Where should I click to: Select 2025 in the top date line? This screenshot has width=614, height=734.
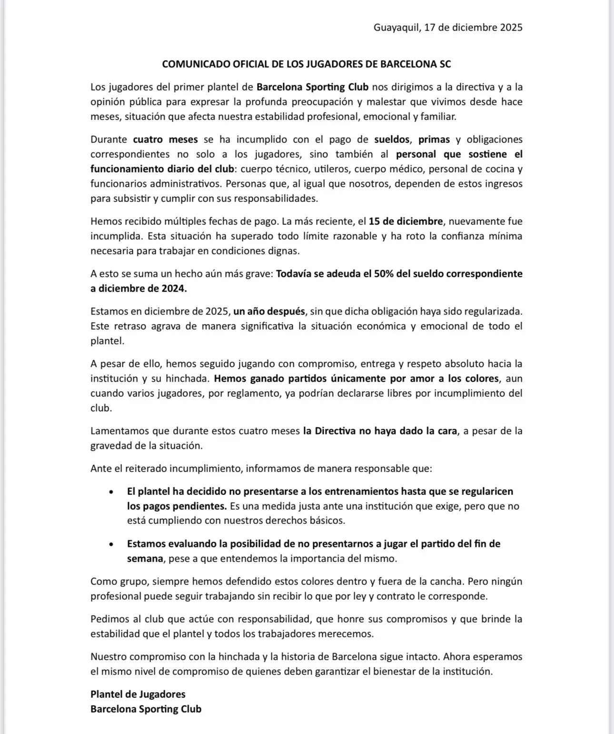[x=511, y=27]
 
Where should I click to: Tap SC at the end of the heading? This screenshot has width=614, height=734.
[x=445, y=64]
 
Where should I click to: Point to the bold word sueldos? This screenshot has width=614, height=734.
[x=392, y=140]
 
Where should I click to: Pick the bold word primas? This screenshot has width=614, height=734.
[x=434, y=140]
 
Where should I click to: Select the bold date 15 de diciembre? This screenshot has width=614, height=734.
[x=406, y=221]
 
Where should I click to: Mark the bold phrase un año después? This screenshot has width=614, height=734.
[x=268, y=312]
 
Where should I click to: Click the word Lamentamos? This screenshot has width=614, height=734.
[x=119, y=431]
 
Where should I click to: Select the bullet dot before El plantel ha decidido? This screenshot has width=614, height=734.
[x=111, y=492]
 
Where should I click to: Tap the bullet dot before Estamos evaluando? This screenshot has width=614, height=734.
[x=111, y=544]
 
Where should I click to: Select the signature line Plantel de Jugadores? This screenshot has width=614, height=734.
[x=138, y=694]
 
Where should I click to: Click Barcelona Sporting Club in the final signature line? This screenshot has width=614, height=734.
[x=146, y=709]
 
